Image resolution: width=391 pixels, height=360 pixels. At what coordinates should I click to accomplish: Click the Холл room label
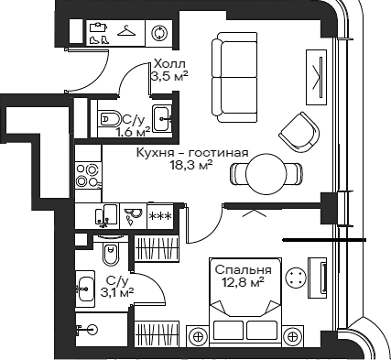click(168, 63)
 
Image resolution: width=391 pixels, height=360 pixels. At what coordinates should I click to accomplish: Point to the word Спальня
click(243, 270)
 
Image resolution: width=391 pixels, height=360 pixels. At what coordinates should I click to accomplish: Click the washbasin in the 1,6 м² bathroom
click(161, 118)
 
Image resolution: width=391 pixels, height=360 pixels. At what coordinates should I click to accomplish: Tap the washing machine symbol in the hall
click(159, 33)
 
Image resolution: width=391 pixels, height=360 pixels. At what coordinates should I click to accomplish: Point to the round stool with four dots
click(294, 277)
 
